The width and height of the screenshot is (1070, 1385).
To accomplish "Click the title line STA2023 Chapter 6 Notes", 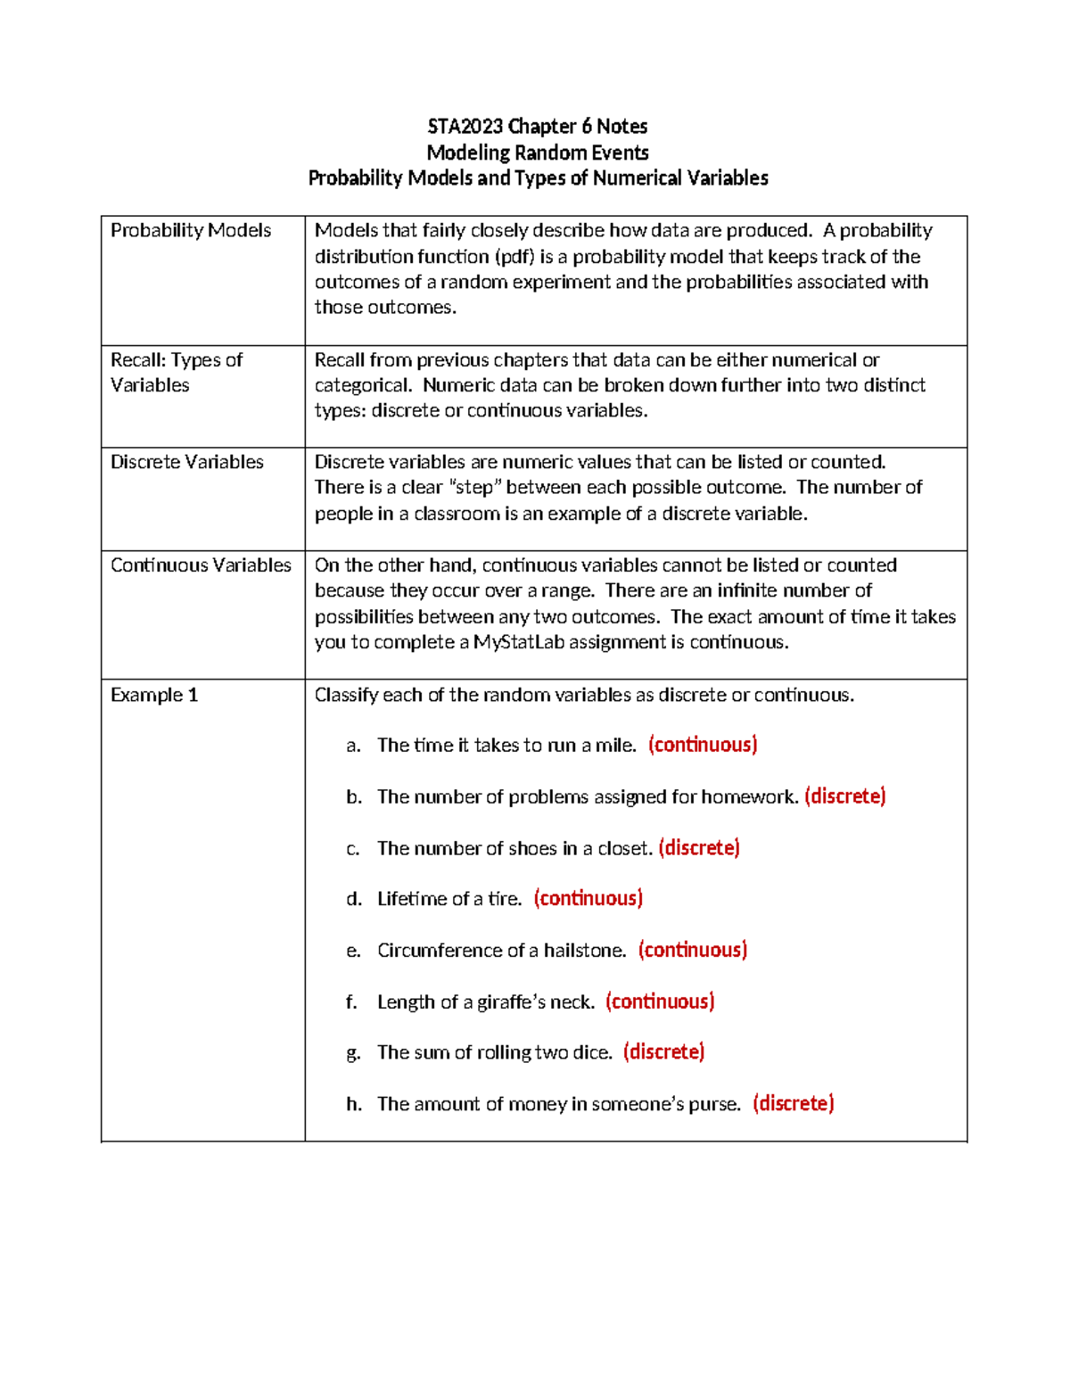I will pos(537,126).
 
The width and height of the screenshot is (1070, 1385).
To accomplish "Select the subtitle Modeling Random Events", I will pos(537,153).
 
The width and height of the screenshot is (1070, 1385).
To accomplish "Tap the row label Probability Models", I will pos(191,230).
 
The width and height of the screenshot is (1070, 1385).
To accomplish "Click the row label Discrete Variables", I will pos(187,462).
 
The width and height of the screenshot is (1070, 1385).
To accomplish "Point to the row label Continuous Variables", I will pos(201,565).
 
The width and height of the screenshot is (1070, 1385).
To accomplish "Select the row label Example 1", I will pos(154,695).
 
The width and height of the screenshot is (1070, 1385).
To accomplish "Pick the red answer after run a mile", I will pos(703,745).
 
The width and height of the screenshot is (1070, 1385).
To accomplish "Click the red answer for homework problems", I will pos(844,796).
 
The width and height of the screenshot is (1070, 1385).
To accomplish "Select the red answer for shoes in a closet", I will pos(699,848).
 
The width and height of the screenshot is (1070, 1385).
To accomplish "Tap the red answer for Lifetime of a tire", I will pos(588,899).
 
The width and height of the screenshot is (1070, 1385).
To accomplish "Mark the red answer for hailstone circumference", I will pos(692,950).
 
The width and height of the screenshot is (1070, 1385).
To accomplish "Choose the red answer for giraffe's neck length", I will pos(660,1002).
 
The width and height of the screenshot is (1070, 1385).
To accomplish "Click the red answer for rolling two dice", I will pos(663,1052).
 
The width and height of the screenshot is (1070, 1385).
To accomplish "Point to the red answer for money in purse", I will pos(793,1104).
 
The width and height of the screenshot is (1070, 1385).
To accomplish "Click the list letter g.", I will pos(353,1053).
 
